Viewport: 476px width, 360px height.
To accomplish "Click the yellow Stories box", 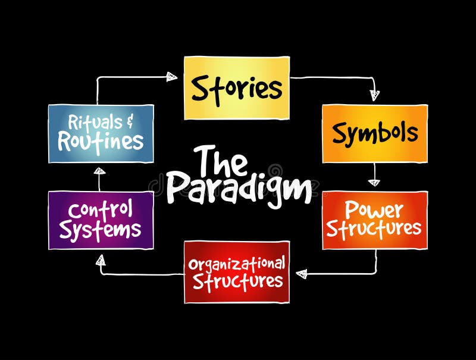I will [x=236, y=88].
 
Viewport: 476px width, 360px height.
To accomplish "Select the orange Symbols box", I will [x=374, y=133].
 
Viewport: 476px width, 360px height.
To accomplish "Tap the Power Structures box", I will [x=374, y=220].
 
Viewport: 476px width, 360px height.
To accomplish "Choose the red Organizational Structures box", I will [x=236, y=271].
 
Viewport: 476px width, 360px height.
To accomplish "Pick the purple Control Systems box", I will [x=101, y=220].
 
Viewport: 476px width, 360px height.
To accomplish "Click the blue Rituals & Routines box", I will [x=101, y=133].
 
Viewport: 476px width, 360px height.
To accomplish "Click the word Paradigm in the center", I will [x=238, y=187].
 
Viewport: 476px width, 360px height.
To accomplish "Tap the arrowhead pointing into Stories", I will [x=171, y=76].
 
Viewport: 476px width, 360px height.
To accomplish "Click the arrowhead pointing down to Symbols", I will [x=374, y=95].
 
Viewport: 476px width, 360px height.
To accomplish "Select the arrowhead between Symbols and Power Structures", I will [x=374, y=183].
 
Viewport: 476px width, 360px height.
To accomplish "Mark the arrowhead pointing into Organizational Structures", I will [x=301, y=274].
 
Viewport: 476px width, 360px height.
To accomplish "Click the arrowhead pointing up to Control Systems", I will [x=101, y=259].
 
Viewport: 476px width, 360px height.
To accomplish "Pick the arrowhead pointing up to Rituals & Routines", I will [x=100, y=171].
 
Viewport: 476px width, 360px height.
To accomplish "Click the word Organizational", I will [x=237, y=263].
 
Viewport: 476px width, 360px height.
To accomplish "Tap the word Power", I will [x=374, y=210].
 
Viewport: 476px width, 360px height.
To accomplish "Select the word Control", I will [x=100, y=211].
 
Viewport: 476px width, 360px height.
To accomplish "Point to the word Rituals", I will [x=90, y=123].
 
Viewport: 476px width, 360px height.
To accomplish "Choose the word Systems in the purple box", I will [x=100, y=230].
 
